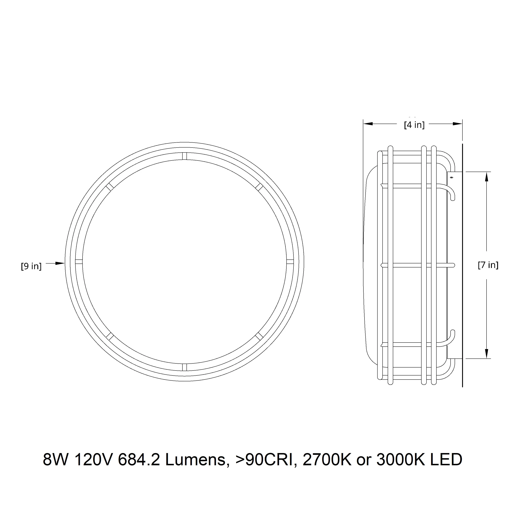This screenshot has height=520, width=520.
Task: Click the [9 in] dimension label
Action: [x=31, y=266]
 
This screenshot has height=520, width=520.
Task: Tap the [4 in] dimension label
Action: [x=414, y=125]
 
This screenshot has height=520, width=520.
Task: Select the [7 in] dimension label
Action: [x=488, y=265]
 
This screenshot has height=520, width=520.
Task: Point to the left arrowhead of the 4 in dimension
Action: [x=368, y=124]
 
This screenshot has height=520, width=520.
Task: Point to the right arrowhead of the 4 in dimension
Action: [x=457, y=124]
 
